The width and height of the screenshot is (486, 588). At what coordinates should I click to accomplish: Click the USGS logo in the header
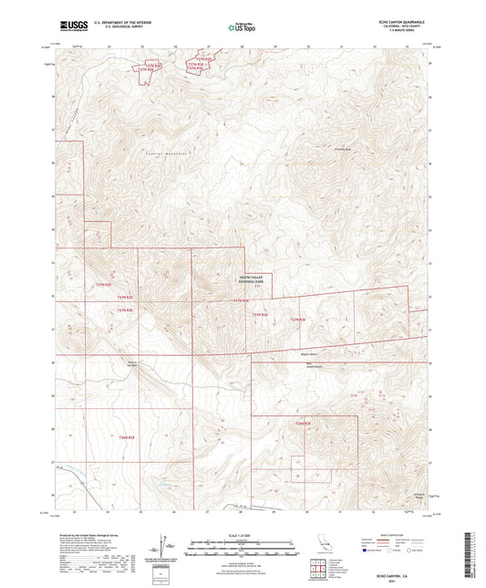pyautogui.click(x=68, y=26)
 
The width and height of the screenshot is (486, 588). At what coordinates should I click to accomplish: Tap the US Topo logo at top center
pyautogui.click(x=240, y=27)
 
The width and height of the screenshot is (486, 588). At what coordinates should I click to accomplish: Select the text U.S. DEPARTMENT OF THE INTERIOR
pyautogui.click(x=113, y=23)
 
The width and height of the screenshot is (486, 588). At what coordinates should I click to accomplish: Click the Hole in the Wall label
pyautogui.click(x=131, y=365)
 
